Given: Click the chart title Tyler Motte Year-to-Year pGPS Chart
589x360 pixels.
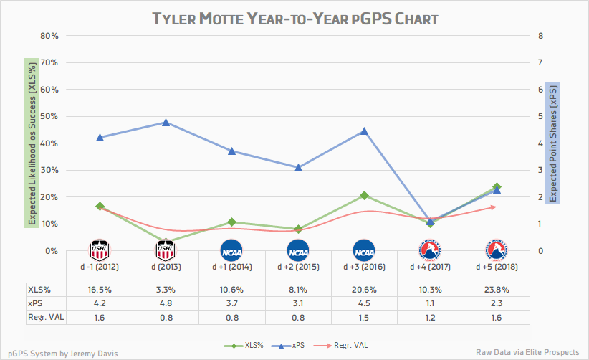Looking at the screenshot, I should coord(294,17).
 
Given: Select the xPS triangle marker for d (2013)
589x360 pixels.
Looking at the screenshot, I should coord(166,123).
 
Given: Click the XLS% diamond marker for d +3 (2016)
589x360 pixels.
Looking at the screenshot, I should coord(364,195).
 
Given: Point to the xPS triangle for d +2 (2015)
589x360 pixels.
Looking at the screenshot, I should coord(298,167).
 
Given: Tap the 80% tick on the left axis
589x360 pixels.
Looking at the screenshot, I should coord(48,36).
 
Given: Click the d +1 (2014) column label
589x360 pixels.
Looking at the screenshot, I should coord(232,267).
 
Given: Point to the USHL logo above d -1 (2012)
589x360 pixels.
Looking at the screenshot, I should coord(100,250).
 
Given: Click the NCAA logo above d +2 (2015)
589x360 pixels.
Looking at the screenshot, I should coord(298,250).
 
